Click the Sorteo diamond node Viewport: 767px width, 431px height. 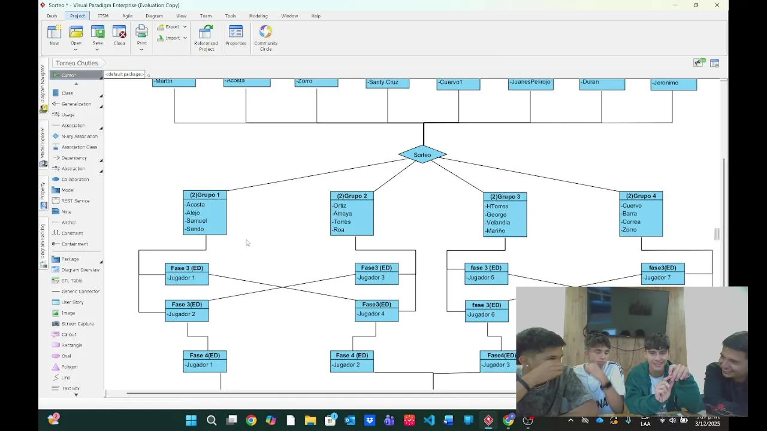(422, 154)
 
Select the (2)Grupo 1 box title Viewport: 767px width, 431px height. (205, 195)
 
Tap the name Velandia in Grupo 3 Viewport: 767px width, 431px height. (498, 223)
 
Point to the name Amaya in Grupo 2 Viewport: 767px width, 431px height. (343, 214)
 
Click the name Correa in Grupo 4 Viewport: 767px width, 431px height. (631, 222)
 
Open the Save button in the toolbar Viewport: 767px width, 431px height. (98, 35)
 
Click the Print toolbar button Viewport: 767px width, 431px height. (141, 35)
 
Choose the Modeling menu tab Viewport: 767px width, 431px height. (258, 16)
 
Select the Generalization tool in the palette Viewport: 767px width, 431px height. (76, 104)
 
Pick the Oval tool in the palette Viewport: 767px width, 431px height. (66, 356)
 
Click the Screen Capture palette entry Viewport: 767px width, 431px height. (77, 324)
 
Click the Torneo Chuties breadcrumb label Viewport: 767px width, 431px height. (77, 63)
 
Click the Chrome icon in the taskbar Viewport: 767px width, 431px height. (251, 420)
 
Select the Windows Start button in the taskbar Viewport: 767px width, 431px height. (191, 420)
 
